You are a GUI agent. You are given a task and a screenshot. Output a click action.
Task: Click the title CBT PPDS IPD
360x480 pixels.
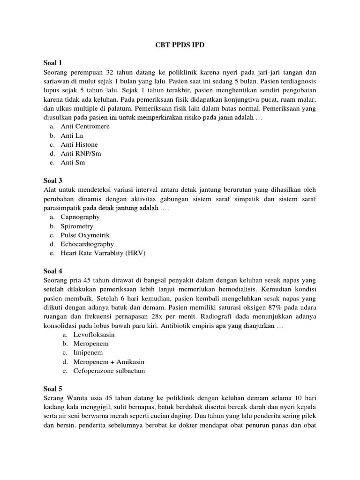tap(180, 45)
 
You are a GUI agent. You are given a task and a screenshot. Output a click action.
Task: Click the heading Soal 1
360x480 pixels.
tap(53, 63)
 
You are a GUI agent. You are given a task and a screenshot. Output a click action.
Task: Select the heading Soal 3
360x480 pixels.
tap(53, 180)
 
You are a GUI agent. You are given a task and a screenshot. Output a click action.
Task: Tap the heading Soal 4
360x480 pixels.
tap(53, 271)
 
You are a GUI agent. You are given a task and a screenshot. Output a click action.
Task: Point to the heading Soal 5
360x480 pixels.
tap(53, 389)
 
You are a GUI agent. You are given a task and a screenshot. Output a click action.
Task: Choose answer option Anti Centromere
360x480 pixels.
tap(85, 127)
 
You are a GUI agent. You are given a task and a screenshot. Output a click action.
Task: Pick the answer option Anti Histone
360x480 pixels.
tap(79, 145)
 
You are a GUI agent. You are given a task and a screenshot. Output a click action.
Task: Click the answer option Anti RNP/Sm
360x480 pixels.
tap(81, 154)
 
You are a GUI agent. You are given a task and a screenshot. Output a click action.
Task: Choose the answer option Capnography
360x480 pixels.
tap(80, 217)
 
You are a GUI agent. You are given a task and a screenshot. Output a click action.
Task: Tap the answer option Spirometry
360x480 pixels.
tap(78, 226)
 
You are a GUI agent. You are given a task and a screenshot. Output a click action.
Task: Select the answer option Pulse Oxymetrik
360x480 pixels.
tap(85, 235)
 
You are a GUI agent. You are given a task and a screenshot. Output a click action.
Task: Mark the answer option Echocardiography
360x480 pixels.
tap(87, 244)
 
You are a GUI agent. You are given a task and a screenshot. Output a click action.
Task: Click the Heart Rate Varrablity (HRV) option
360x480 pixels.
tap(103, 254)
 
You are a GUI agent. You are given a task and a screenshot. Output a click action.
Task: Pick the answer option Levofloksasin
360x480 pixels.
tap(94, 335)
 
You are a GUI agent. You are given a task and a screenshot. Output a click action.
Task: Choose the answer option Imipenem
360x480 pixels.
tap(88, 352)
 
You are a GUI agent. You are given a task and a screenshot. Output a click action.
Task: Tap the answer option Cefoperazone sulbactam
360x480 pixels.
tap(109, 371)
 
